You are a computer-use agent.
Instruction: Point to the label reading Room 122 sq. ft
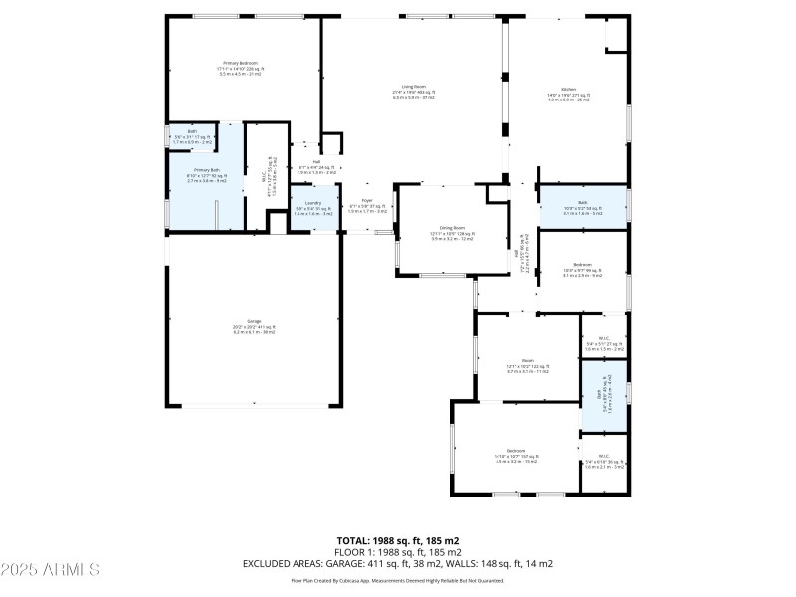tap(527, 363)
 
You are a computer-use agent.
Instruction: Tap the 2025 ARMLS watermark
tap(50, 570)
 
